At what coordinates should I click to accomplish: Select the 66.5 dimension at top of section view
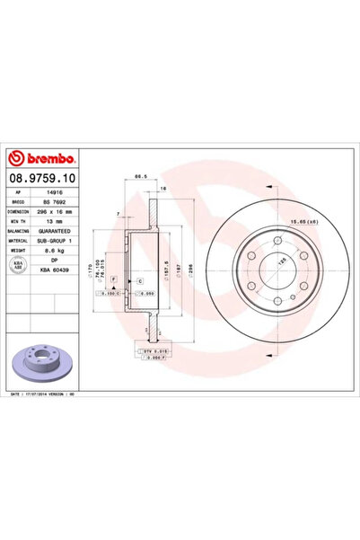pos(140,177)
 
